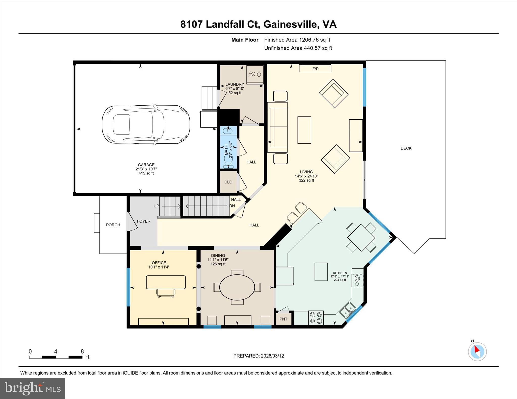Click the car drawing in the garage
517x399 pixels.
[146, 125]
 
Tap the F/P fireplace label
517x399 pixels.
[315, 69]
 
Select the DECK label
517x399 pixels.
[406, 148]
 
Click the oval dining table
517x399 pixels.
[237, 287]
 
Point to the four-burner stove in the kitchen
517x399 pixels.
[316, 318]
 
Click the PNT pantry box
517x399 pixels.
[283, 319]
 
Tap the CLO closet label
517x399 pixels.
[228, 182]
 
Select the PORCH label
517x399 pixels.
[113, 225]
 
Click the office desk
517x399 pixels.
[166, 282]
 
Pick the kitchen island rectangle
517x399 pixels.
[321, 271]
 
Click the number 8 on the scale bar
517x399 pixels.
[82, 351]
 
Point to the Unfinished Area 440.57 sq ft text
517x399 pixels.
[298, 48]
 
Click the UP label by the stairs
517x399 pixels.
[156, 206]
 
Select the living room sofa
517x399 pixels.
[277, 127]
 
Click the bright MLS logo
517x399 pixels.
[32, 388]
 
